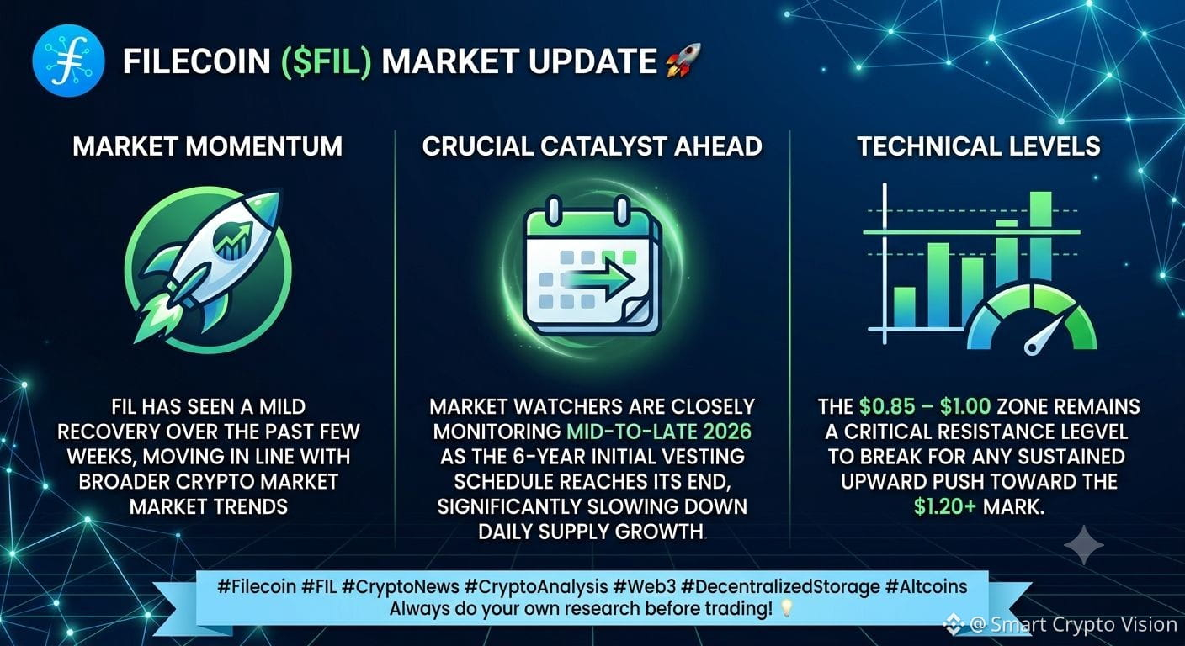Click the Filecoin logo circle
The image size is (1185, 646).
68,61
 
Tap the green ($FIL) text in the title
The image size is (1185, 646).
326,61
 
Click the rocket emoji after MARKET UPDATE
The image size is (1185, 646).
683,61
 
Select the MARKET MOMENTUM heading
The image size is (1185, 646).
207,146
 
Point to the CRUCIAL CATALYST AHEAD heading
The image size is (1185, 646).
592,146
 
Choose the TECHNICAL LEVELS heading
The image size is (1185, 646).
979,146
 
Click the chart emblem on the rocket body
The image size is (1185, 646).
234,241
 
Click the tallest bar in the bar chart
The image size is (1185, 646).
1040,236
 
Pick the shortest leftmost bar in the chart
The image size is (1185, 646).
904,307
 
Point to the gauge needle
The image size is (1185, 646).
1044,336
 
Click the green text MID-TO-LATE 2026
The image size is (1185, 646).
659,432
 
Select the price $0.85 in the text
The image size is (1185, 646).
886,406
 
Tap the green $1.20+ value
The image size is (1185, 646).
945,507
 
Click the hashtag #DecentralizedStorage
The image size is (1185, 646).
780,587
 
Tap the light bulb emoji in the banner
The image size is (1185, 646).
787,608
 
